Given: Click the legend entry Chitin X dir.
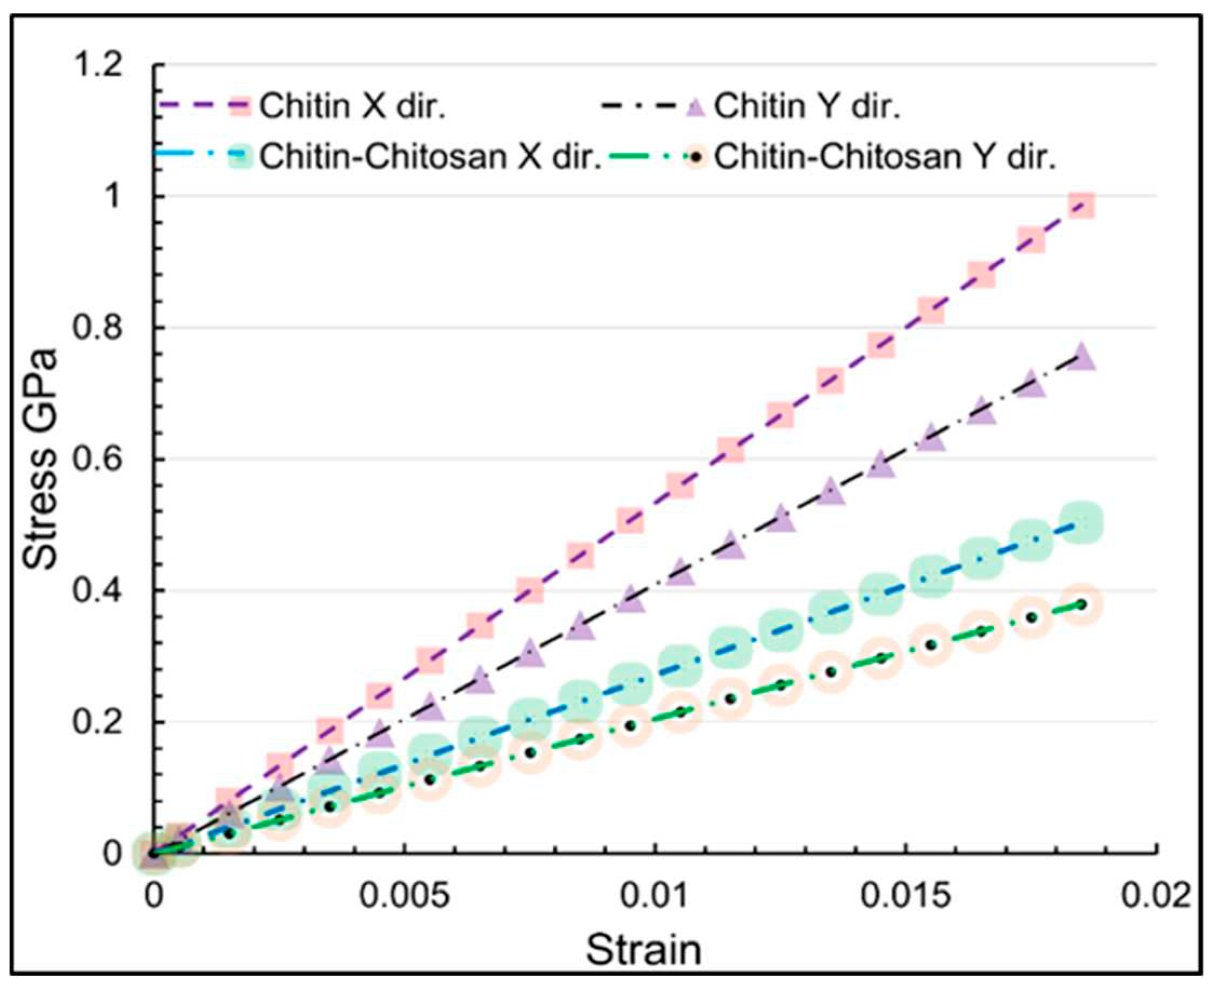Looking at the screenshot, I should pyautogui.click(x=352, y=105).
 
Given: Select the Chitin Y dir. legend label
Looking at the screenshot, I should pyautogui.click(x=807, y=105).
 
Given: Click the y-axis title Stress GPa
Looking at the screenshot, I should pyautogui.click(x=41, y=459).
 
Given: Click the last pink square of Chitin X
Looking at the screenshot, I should pyautogui.click(x=1081, y=205).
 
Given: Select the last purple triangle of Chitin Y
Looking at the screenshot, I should pyautogui.click(x=1081, y=358).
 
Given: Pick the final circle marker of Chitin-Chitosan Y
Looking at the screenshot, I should pyautogui.click(x=1081, y=604).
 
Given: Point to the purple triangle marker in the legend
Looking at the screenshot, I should pyautogui.click(x=697, y=106).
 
